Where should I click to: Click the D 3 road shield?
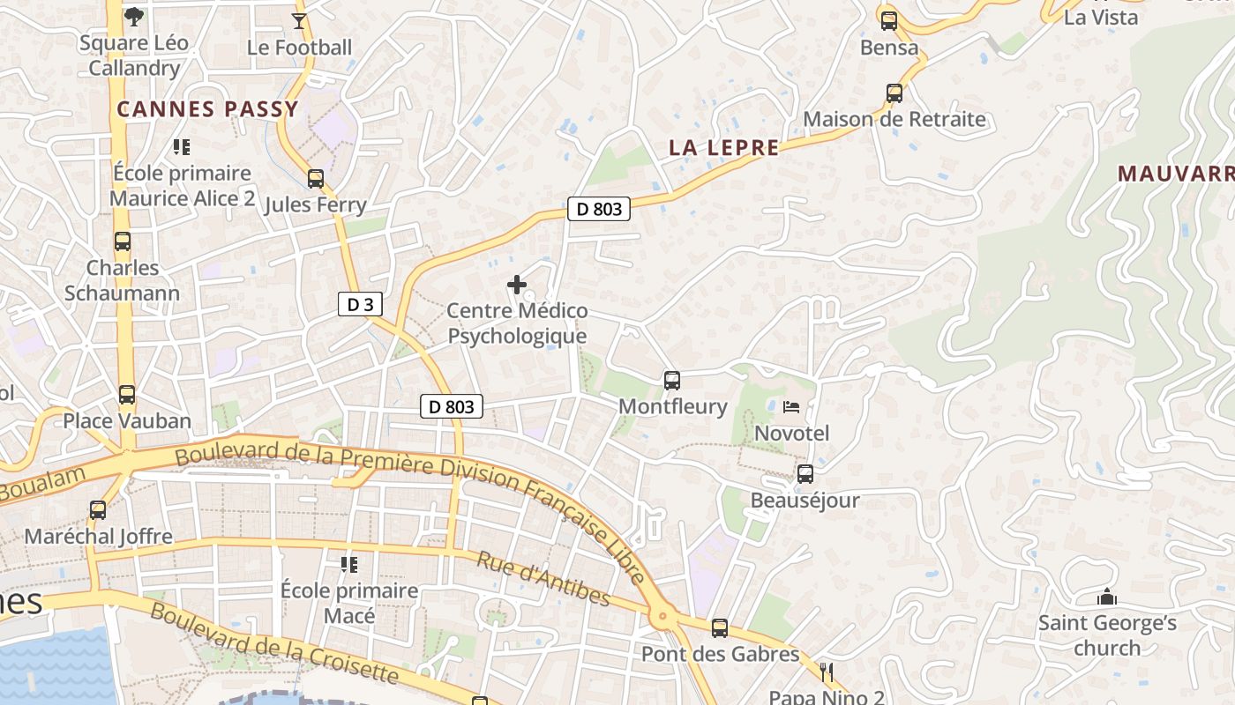(360, 305)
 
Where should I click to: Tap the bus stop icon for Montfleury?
(672, 381)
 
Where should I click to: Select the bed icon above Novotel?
(791, 407)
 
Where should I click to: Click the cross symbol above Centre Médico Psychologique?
(517, 285)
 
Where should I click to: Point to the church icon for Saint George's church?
(1107, 597)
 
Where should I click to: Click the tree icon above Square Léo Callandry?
(133, 16)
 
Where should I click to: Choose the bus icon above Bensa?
(889, 20)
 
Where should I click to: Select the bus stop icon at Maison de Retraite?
(894, 93)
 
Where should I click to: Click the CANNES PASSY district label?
(208, 109)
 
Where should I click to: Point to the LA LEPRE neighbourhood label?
(724, 148)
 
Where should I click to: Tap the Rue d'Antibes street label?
(543, 579)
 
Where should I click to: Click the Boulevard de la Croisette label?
(273, 644)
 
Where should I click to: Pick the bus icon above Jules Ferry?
(316, 179)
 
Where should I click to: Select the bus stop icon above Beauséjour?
(805, 474)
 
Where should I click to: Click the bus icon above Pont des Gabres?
(720, 627)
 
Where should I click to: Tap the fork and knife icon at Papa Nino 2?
(826, 672)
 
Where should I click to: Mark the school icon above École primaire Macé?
(349, 564)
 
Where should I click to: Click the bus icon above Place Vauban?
(127, 394)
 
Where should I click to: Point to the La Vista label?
(1100, 17)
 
